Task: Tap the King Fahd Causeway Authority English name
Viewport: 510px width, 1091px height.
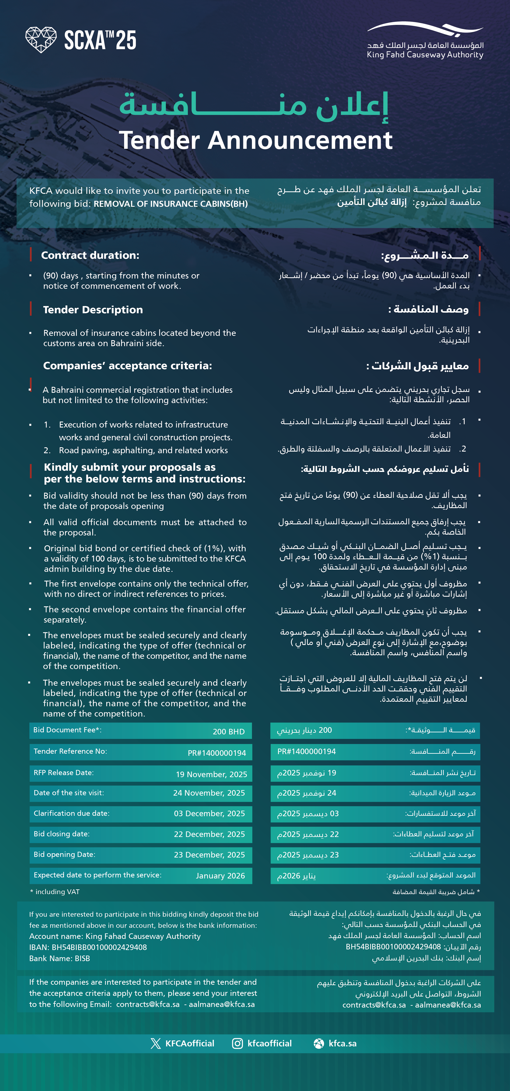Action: coord(425,55)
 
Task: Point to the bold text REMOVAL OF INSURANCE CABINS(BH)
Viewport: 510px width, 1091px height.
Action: coord(171,204)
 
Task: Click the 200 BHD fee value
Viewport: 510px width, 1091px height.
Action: coord(228,732)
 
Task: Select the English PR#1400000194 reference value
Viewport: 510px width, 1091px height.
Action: coord(217,753)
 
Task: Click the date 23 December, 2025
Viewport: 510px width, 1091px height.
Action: coord(209,855)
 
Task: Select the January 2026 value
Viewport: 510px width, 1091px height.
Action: coord(220,875)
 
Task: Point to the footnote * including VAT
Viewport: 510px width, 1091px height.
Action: coord(55,891)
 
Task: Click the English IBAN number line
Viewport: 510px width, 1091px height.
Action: coord(88,947)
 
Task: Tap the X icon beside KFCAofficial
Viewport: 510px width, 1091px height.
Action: coord(155,1043)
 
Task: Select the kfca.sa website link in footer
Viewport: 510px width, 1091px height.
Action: coord(342,1043)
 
